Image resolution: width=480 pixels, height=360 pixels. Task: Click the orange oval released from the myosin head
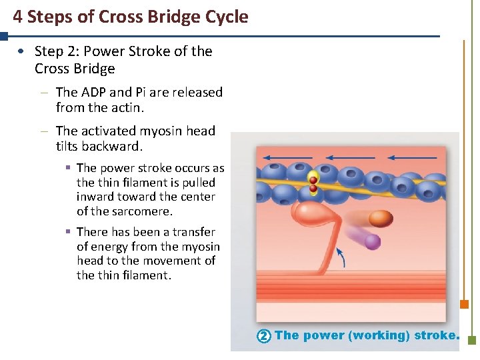(x=381, y=219)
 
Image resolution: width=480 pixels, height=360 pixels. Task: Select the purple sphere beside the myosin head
(x=372, y=241)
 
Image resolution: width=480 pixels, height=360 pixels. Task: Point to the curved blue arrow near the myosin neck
(x=341, y=257)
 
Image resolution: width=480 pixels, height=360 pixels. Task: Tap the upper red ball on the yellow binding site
(x=313, y=180)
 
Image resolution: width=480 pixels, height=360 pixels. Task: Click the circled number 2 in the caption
(x=263, y=336)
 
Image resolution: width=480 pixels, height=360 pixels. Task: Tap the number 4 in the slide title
(x=17, y=17)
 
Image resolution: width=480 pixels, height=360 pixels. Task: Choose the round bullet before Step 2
(x=23, y=51)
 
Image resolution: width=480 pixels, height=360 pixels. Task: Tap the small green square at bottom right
(x=472, y=340)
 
